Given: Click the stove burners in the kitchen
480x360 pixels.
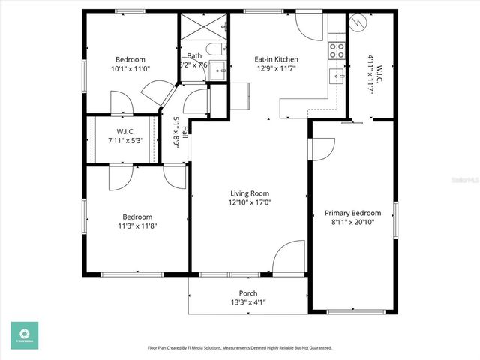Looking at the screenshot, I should tap(337, 50).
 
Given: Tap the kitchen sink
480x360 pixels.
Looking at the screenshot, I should tap(336, 75).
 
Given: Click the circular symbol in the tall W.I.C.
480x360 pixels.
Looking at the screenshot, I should tap(359, 23).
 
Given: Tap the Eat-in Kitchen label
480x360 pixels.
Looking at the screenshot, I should tap(277, 59).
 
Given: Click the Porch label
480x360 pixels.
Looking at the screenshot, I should tap(247, 293).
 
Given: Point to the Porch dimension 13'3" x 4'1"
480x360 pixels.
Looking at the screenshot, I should tap(247, 302).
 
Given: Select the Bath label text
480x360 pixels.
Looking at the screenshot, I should tap(194, 55).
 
